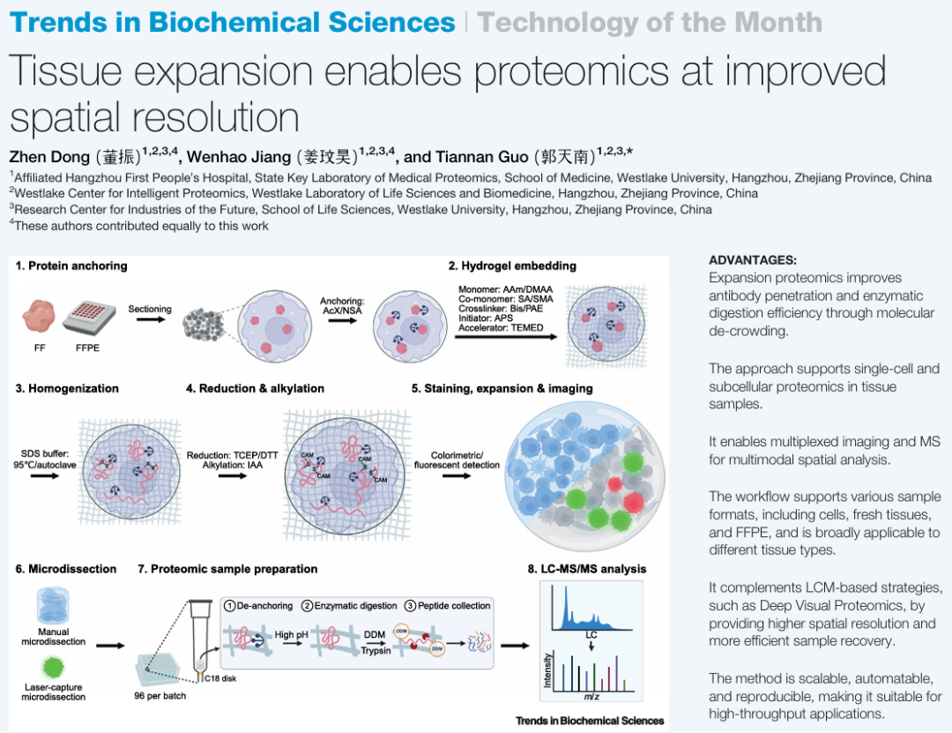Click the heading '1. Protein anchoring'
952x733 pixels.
click(x=71, y=266)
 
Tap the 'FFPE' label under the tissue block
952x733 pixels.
click(x=88, y=348)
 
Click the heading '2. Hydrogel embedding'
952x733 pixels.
click(x=512, y=266)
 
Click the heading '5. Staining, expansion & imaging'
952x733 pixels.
click(x=502, y=388)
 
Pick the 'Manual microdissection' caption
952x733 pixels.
click(x=53, y=637)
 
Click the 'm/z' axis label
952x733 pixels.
click(x=591, y=697)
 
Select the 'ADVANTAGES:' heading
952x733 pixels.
click(x=752, y=260)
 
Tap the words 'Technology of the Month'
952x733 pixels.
click(x=650, y=22)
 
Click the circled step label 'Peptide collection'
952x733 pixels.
click(x=453, y=606)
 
